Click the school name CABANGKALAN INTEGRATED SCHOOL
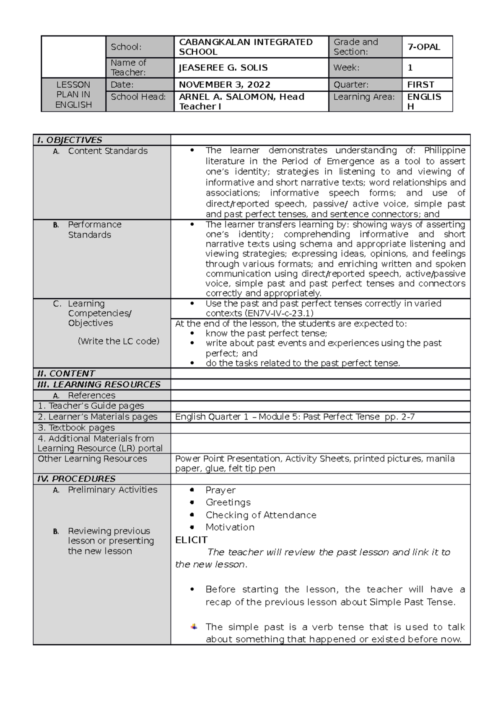pos(246,47)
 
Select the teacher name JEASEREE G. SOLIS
pos(223,68)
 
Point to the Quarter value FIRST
pos(420,85)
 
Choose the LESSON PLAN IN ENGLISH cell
pos(73,95)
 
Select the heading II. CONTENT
pos(66,374)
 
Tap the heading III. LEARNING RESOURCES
pos(99,384)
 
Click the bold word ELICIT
pos(191,540)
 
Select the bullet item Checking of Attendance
pos(261,515)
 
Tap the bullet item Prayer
pos(220,490)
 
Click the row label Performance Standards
pos(94,229)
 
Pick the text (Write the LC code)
pos(119,341)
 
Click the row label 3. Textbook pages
pos(76,428)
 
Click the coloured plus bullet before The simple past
pos(194,627)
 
